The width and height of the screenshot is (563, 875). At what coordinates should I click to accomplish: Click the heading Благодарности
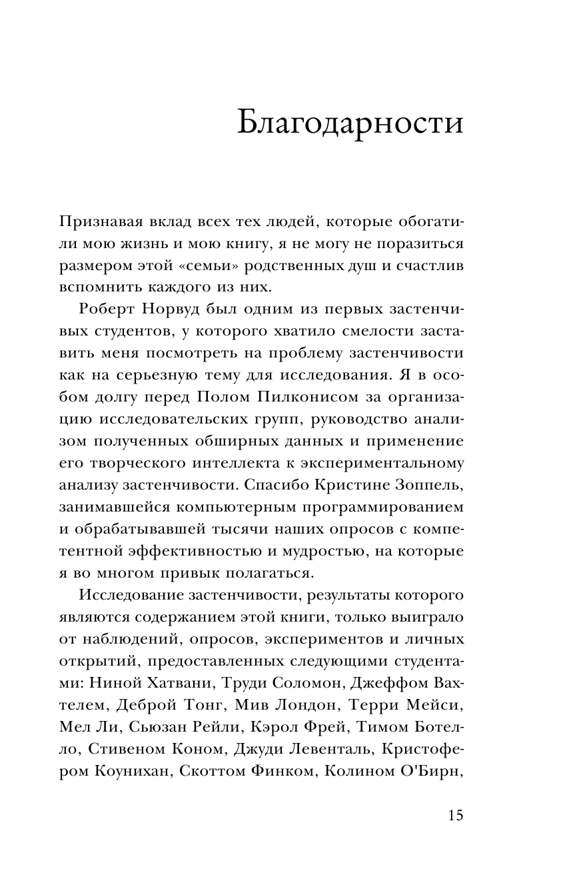pos(350,123)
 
